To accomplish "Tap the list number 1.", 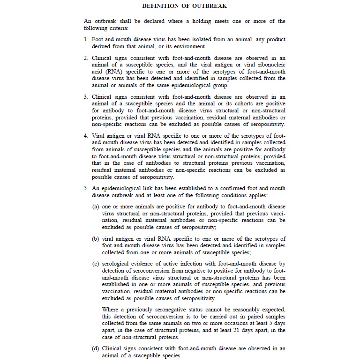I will (x=86, y=39).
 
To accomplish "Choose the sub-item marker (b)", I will (x=95, y=238).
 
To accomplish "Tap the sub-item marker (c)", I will (x=95, y=263).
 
